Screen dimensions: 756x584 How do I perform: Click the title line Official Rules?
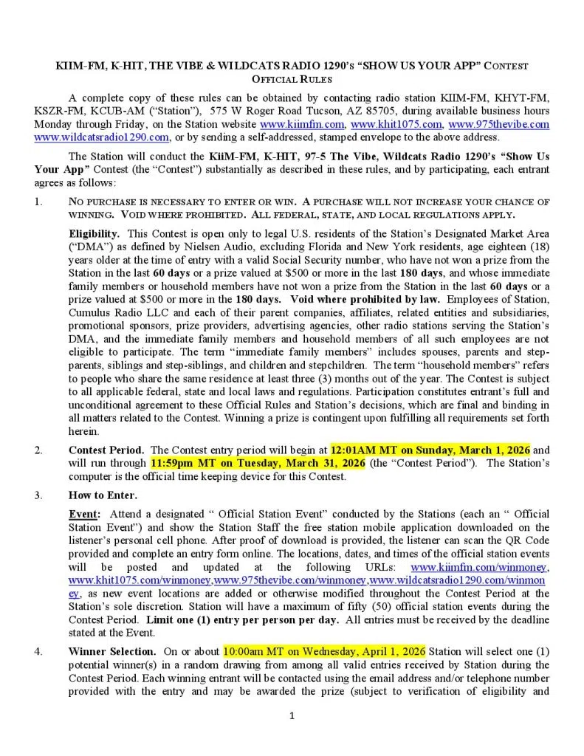coord(292,78)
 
